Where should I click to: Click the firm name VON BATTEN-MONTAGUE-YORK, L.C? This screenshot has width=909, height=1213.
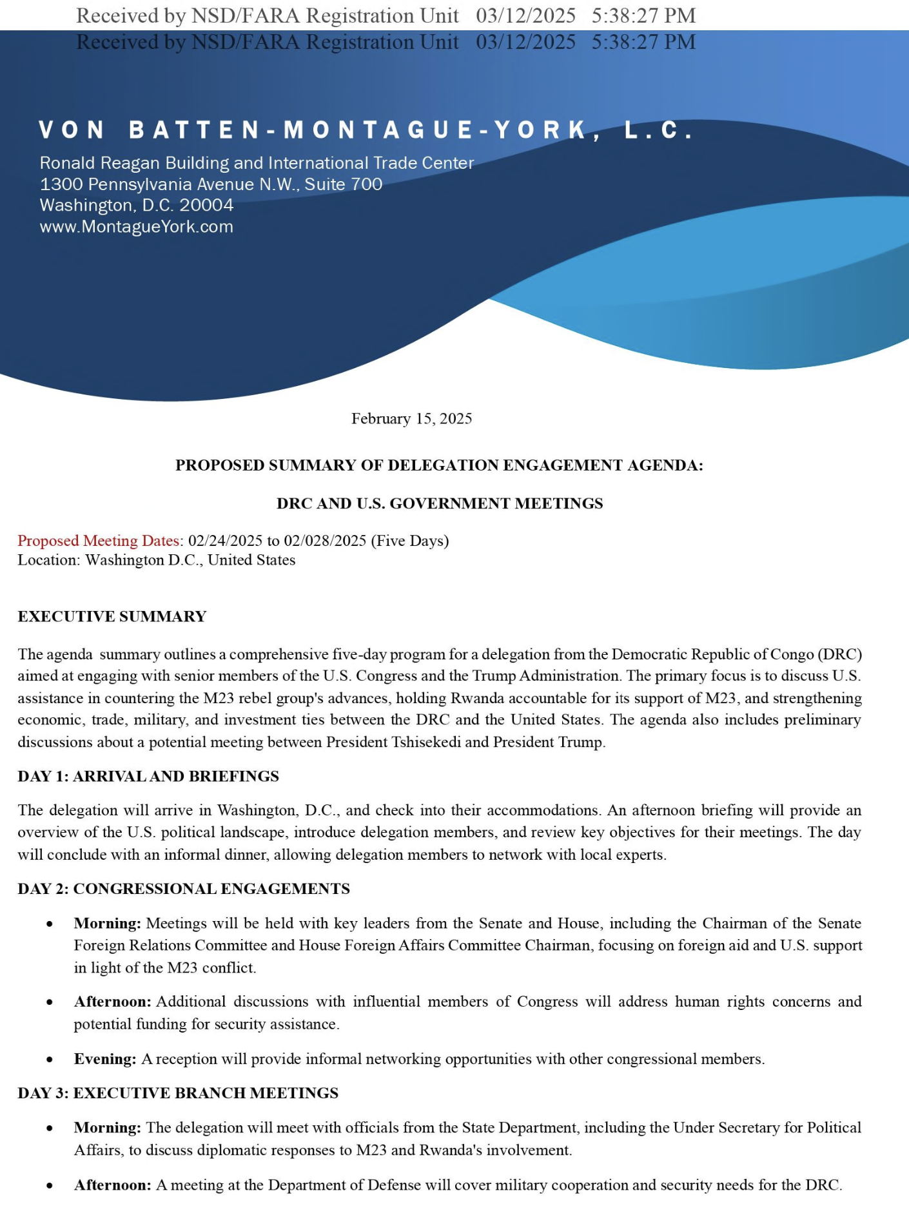[366, 130]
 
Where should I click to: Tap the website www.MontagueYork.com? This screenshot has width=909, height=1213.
[136, 227]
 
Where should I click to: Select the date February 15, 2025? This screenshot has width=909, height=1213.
[411, 419]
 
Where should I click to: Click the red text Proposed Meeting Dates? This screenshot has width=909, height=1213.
[98, 541]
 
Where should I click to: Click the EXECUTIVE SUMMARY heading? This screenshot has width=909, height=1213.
[112, 617]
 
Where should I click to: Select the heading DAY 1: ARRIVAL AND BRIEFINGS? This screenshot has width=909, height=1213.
[148, 777]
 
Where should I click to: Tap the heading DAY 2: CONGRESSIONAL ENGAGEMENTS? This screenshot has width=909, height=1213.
[184, 889]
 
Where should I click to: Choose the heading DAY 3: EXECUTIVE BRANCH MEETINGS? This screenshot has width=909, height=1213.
[178, 1093]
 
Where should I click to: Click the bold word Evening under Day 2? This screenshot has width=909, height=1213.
[104, 1059]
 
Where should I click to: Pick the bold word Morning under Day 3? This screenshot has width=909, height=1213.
[107, 1128]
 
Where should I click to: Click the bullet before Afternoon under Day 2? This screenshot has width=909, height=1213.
[50, 1003]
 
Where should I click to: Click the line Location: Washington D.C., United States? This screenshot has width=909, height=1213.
[156, 560]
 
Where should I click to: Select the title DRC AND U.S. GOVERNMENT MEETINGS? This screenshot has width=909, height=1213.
[440, 503]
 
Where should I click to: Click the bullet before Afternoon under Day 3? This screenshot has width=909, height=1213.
[50, 1186]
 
